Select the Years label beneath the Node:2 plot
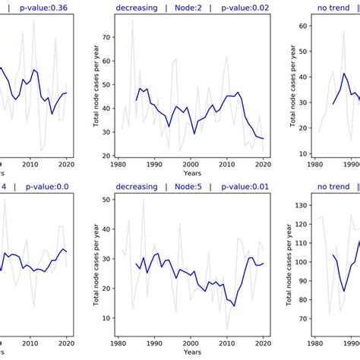tap(190, 174)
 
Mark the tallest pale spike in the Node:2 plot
tap(132, 20)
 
